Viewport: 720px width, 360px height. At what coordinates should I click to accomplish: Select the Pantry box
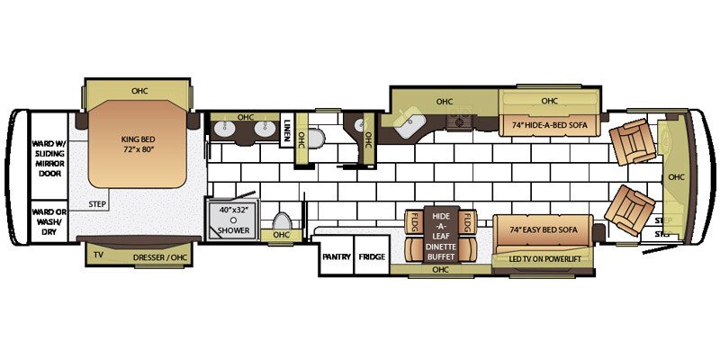[336, 256]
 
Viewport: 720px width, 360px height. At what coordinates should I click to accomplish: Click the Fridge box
[372, 256]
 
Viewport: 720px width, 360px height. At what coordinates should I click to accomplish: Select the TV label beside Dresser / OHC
[98, 256]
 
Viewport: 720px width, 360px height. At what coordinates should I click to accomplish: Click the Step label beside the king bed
[98, 204]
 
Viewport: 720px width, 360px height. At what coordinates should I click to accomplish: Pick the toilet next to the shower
[281, 222]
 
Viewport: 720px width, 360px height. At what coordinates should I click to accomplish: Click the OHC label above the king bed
[139, 90]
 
